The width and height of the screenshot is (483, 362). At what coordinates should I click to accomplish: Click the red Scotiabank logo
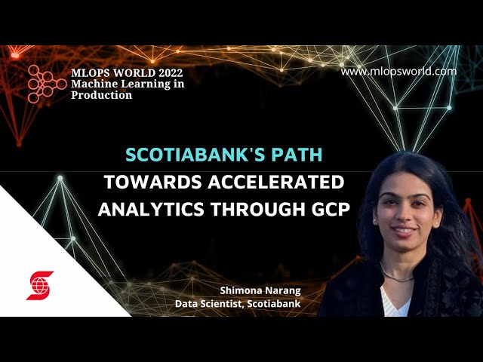click(x=40, y=286)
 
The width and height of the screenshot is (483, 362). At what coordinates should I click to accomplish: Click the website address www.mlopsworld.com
click(x=398, y=72)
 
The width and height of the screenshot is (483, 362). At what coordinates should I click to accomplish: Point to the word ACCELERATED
click(x=272, y=183)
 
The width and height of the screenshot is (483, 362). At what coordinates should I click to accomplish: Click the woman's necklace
click(x=398, y=273)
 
